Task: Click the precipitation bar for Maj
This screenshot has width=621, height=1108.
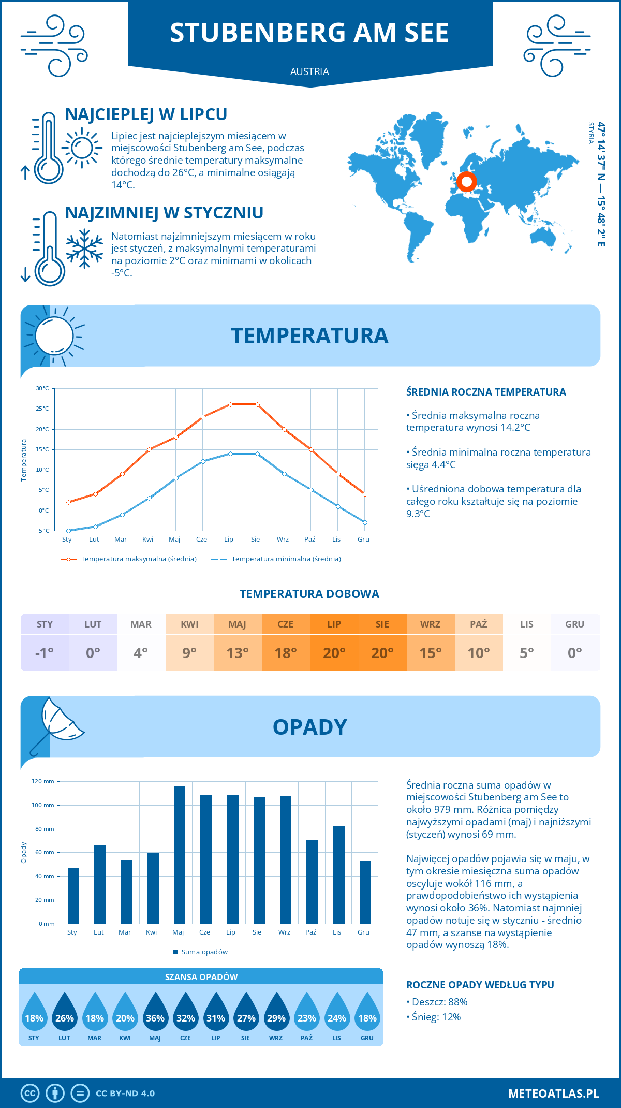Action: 179,855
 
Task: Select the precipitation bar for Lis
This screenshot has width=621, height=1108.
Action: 338,874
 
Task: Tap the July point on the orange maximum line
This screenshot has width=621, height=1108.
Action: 230,404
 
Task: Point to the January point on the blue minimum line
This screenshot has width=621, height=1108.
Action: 68,531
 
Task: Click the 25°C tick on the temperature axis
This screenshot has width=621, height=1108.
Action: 42,409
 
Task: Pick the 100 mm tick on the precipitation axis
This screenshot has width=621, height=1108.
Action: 43,805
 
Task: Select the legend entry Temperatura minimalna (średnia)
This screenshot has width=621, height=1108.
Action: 276,559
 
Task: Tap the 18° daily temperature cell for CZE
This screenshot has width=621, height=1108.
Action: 286,652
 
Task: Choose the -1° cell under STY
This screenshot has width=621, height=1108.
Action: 45,652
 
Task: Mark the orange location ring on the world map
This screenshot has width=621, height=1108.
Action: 467,182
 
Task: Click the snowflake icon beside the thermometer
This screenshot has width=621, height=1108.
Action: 84,249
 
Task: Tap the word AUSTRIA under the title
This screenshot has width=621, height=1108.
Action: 309,71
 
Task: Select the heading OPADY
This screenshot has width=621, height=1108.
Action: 309,727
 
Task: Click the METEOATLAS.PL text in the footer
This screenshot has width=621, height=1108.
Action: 553,1093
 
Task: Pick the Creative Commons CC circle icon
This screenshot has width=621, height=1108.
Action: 30,1093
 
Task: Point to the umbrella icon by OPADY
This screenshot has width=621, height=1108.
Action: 54,725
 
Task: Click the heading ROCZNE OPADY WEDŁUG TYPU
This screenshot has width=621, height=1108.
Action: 480,985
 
